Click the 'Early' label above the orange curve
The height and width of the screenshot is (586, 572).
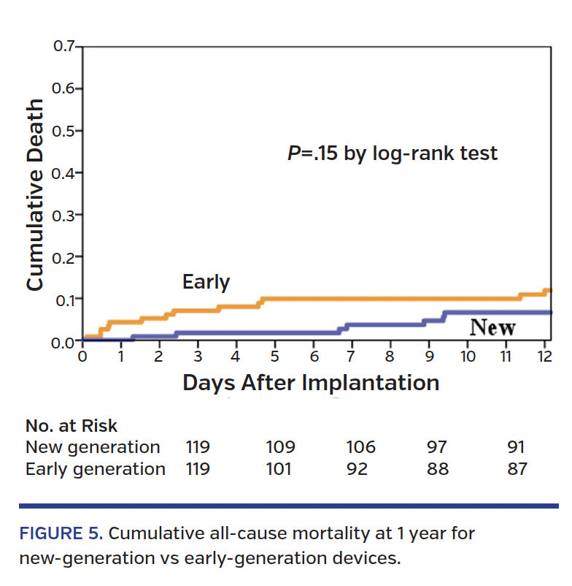point(206,281)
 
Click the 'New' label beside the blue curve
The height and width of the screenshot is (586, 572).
point(492,328)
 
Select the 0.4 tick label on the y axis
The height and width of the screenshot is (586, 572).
point(64,173)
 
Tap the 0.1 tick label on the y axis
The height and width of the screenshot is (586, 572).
point(64,299)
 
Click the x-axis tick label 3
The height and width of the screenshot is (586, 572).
point(198,357)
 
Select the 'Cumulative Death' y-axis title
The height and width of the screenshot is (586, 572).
point(34,195)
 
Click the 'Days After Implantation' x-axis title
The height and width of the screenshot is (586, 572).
point(311,383)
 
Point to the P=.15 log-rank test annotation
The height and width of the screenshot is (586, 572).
point(391,153)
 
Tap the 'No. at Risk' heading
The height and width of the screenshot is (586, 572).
point(71,426)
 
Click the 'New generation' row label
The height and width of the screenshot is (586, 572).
point(93,447)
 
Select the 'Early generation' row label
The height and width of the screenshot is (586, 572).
point(96,468)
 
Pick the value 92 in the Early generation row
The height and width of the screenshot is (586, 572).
point(358,468)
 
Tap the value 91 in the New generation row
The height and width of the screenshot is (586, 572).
point(516,447)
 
